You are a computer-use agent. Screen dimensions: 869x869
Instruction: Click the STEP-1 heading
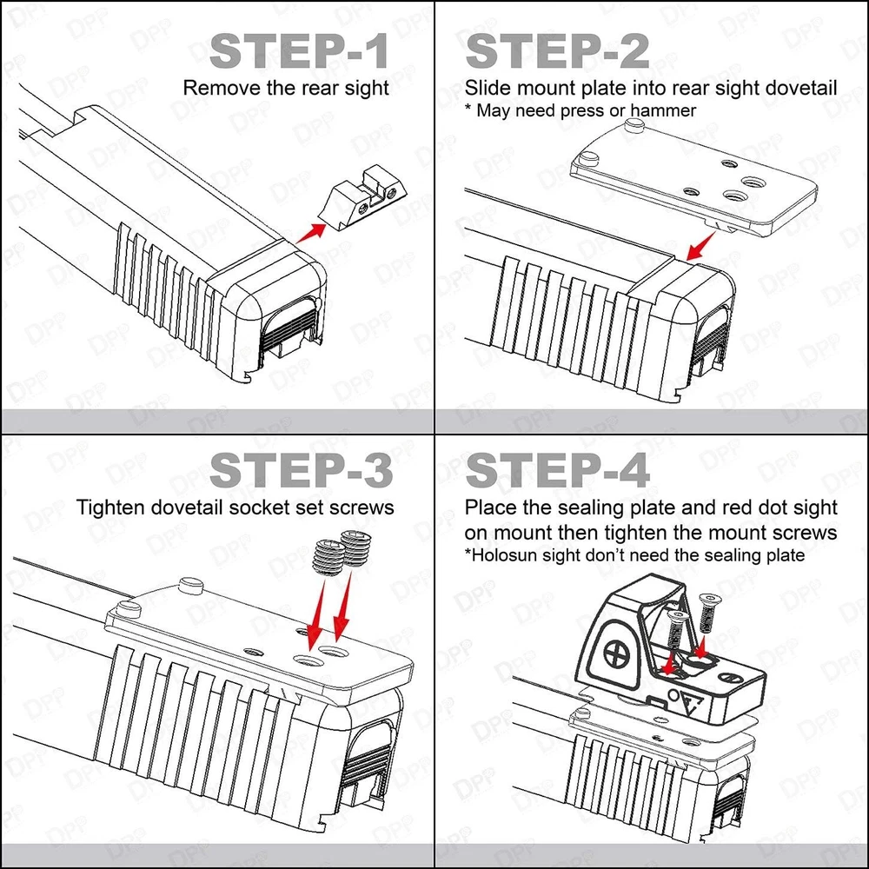pos(299,53)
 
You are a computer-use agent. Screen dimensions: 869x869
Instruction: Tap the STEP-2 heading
pos(558,53)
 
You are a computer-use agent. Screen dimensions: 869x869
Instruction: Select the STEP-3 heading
pos(301,470)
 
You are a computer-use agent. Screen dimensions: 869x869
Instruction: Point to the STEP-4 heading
pos(558,470)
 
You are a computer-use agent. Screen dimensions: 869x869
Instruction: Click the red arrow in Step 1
pos(310,231)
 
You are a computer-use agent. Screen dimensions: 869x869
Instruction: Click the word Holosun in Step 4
pos(503,554)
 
